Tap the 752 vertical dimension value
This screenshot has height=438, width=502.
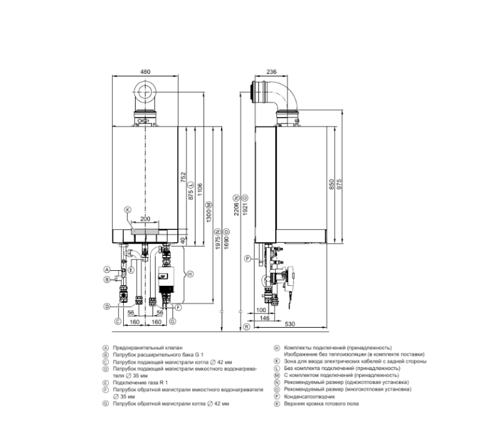tap(183, 177)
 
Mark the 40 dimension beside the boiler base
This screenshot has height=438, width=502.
tap(184, 240)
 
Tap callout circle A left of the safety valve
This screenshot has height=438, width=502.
tap(106, 269)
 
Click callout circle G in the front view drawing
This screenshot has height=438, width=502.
tap(173, 321)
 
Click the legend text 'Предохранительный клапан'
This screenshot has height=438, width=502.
tap(144, 348)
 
